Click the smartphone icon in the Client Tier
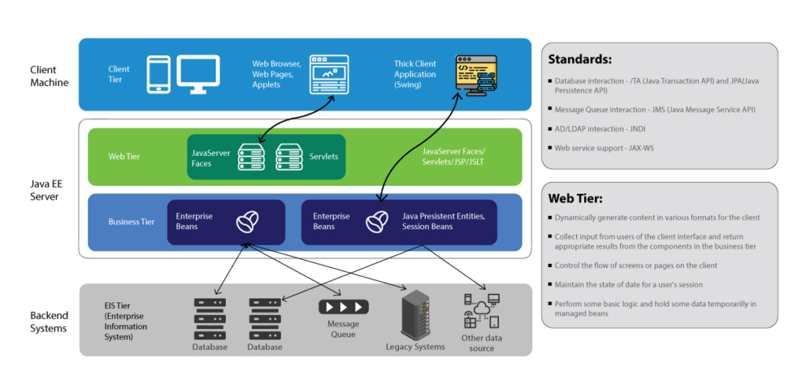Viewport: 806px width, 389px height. point(158,74)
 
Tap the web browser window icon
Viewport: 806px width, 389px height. point(328,74)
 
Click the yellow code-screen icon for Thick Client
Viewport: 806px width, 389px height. point(476,76)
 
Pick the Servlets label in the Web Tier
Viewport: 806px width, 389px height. point(324,157)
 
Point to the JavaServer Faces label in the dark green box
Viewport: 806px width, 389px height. point(211,158)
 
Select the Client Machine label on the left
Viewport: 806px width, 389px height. point(50,76)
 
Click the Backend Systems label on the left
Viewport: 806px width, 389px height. point(50,321)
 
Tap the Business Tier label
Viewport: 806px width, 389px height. point(131,222)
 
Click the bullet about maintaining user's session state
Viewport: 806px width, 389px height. point(628,284)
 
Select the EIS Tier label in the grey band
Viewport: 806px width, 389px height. point(126,320)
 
